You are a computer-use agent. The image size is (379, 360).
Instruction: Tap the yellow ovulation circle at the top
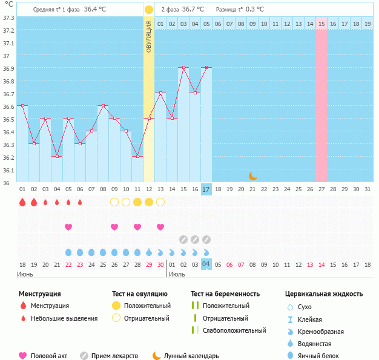tap(149, 10)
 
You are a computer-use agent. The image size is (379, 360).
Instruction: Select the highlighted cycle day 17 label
tap(206, 189)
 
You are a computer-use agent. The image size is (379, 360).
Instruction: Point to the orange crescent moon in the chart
tap(253, 175)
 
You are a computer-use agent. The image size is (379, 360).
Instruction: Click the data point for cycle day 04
tap(57, 156)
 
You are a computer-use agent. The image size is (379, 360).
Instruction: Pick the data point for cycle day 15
tap(183, 68)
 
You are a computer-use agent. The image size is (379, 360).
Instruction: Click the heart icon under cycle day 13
tap(160, 227)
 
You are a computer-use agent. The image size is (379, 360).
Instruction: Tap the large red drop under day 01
tap(22, 202)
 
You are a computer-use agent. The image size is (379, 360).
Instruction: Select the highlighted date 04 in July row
tap(206, 264)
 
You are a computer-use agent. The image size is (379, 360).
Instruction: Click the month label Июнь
tap(25, 275)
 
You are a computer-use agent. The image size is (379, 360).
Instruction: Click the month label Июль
tap(177, 275)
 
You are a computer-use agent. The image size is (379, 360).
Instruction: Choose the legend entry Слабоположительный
tap(234, 330)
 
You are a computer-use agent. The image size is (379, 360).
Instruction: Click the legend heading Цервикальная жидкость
tap(324, 294)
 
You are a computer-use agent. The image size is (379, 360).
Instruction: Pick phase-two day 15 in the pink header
tap(321, 24)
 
